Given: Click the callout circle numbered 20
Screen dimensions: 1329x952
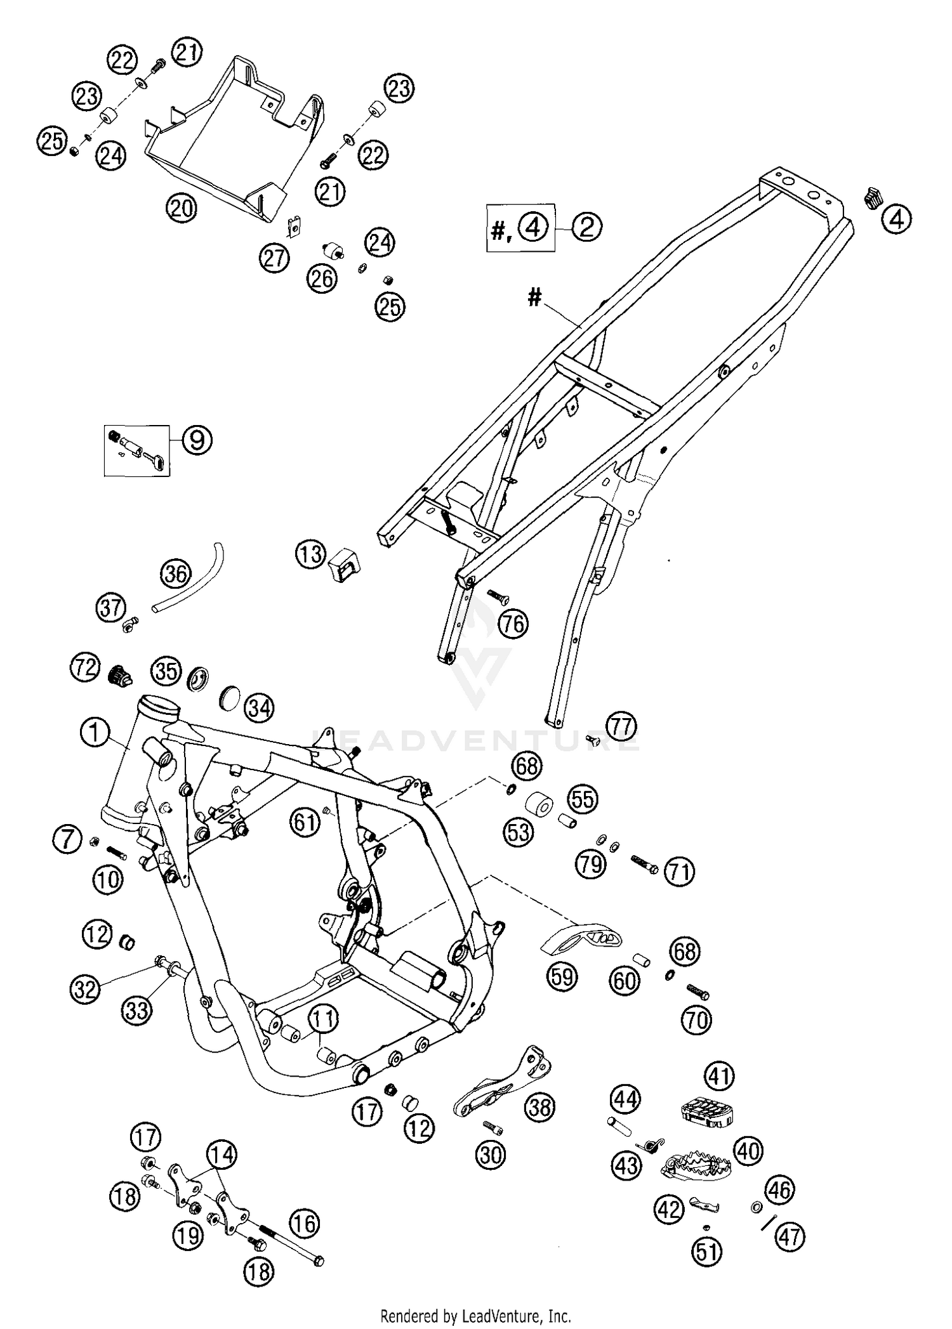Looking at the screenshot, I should tap(182, 207).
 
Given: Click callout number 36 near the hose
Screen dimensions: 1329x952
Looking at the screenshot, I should tap(175, 573).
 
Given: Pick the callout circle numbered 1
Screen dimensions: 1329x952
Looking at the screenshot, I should tap(95, 733).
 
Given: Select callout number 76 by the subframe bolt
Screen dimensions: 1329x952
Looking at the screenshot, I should tap(513, 624).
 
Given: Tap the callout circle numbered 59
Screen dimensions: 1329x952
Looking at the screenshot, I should tap(562, 976).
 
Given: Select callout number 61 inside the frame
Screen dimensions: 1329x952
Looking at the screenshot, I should tap(305, 823).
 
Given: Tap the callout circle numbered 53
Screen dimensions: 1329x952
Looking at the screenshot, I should tap(519, 831).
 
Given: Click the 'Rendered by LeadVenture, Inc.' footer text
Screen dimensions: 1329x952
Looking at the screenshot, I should tap(475, 1316).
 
